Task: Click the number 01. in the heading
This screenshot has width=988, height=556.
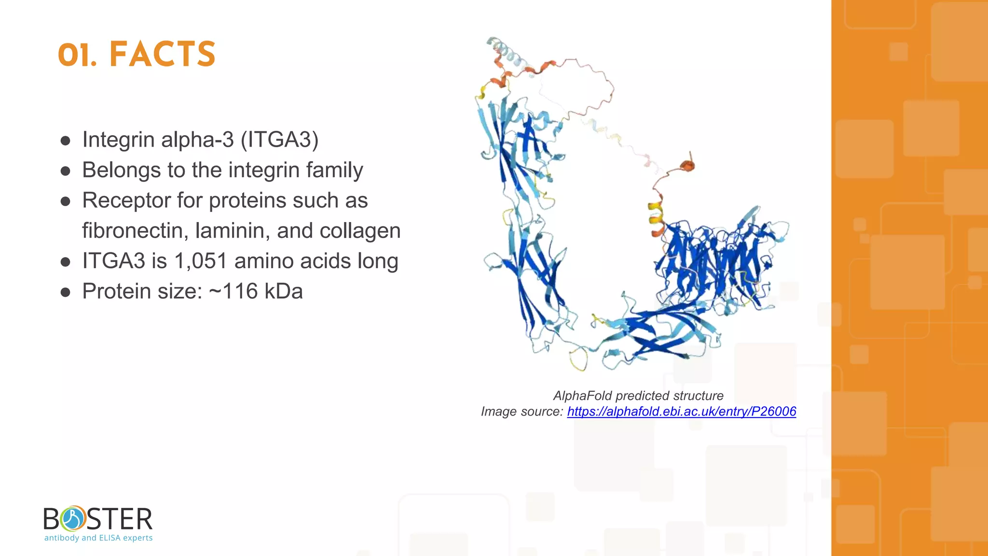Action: click(77, 55)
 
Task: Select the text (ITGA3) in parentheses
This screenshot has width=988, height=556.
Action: click(279, 139)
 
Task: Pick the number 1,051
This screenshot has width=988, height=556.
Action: click(200, 261)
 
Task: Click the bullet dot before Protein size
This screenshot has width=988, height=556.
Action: click(66, 292)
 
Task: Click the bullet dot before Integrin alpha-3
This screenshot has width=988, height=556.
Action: click(66, 140)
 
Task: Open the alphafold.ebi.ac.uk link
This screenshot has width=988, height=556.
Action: click(681, 411)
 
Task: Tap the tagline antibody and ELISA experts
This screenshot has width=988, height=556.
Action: click(98, 538)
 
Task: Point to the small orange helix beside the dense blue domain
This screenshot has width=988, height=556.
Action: click(687, 166)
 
